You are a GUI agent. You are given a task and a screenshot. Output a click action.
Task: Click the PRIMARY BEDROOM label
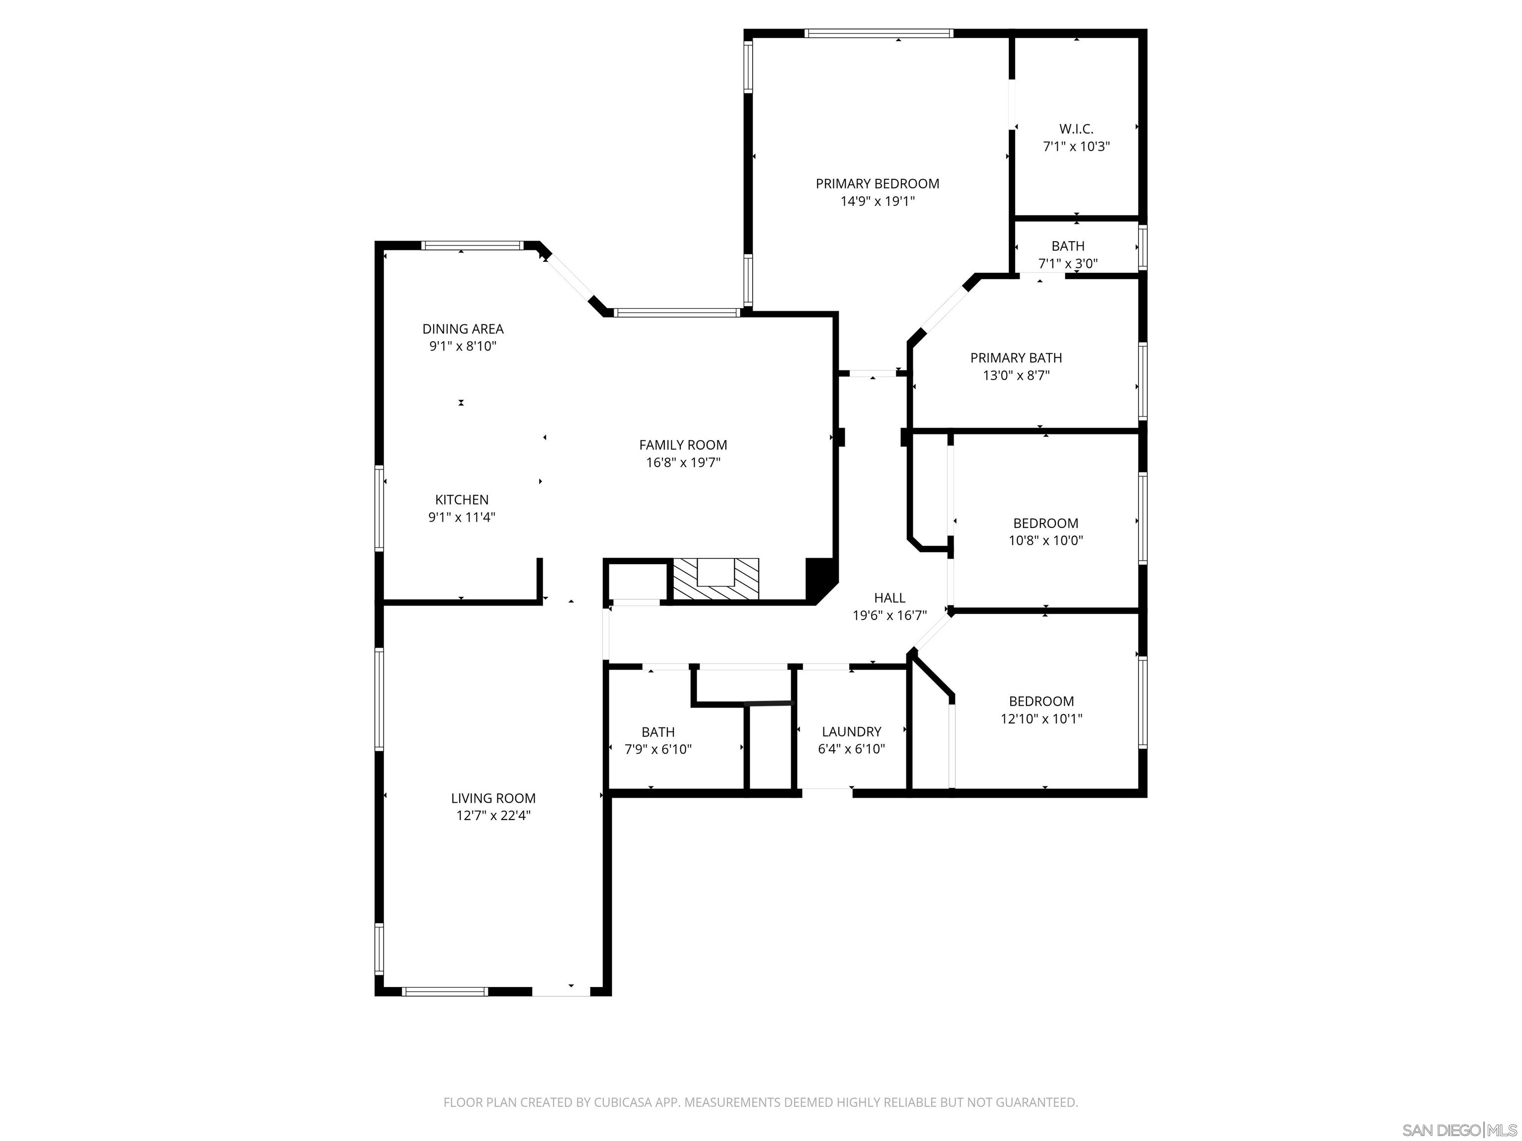(877, 184)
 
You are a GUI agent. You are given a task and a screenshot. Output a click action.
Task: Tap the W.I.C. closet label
(1076, 129)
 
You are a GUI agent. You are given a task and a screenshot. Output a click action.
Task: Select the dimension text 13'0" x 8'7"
(1016, 375)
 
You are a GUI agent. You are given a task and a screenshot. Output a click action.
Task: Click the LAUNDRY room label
(851, 732)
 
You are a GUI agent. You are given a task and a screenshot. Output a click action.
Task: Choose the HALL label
(890, 598)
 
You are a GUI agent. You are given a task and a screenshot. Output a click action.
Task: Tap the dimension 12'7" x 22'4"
(493, 816)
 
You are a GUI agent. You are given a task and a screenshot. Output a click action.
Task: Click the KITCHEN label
(462, 500)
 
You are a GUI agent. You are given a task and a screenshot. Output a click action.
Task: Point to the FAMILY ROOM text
(683, 445)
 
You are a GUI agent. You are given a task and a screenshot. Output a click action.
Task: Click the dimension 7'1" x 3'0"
(1067, 263)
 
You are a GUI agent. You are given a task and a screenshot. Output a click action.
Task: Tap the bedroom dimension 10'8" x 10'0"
(1046, 541)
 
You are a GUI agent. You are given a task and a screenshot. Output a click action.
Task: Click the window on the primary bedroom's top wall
(878, 33)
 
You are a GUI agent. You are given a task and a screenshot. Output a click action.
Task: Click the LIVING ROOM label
(493, 798)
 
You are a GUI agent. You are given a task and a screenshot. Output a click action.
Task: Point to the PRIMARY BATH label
(1016, 358)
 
